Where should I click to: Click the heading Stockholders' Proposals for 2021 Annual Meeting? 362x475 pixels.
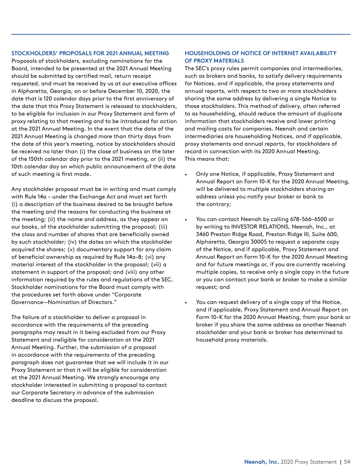tap(90, 53)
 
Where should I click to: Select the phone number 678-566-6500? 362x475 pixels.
tap(308, 219)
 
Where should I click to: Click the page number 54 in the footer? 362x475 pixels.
tap(347, 462)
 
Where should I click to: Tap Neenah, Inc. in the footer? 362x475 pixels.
tap(261, 462)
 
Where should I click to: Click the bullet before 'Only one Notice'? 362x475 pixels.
tap(186, 175)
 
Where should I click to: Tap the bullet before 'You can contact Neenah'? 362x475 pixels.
tap(186, 220)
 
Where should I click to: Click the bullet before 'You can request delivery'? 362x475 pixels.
tap(186, 303)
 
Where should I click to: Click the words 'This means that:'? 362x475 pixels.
tap(207, 159)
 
